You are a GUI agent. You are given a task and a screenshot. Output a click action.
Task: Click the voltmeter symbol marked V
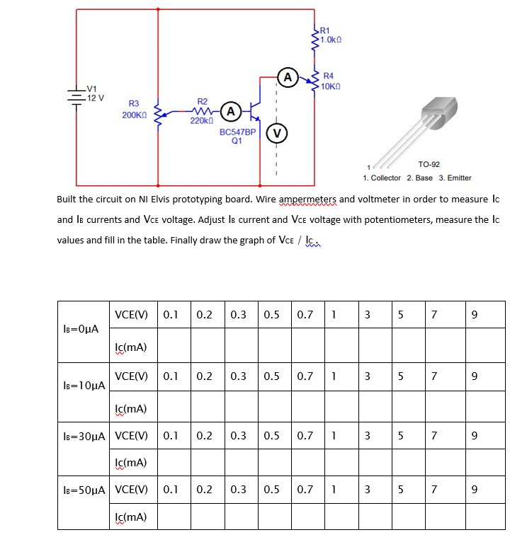(277, 132)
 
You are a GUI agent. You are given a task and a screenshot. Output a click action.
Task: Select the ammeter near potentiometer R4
(287, 76)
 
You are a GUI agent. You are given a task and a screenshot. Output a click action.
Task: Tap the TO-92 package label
(429, 163)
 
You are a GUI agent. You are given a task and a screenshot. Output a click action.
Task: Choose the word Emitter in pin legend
(458, 178)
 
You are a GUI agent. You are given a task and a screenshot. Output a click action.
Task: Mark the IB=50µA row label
(84, 489)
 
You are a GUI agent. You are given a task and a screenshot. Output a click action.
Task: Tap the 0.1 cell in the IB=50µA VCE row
(171, 489)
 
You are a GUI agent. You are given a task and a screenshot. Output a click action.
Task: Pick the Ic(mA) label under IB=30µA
(130, 463)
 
